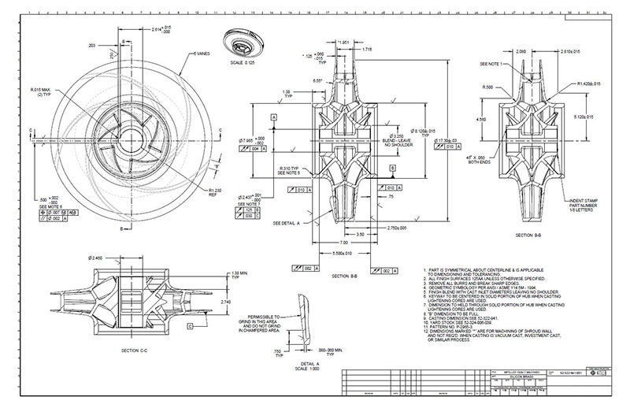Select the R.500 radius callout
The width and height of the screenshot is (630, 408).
[487, 87]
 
